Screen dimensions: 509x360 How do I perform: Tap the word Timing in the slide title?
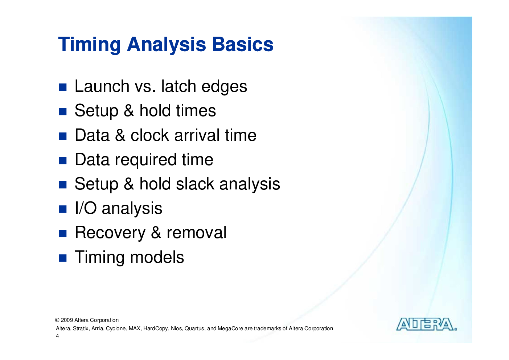[89, 45]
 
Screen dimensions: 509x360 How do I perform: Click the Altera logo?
[427, 324]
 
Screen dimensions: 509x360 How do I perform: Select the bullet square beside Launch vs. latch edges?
[63, 87]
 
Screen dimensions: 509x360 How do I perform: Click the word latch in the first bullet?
[178, 86]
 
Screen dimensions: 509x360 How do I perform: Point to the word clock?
[149, 135]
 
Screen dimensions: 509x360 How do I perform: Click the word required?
[145, 160]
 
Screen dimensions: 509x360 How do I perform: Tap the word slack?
[195, 184]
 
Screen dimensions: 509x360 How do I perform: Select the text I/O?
[86, 208]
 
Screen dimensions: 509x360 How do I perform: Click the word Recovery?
[110, 233]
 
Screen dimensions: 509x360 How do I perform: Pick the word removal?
[197, 233]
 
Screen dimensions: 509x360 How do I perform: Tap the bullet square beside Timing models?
[63, 258]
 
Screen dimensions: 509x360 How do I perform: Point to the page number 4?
[57, 336]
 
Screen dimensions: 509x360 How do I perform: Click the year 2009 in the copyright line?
[67, 320]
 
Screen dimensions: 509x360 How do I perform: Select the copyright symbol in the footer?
[57, 320]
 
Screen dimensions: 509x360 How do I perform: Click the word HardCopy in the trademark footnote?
[156, 329]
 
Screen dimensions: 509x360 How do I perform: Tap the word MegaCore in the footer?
[230, 329]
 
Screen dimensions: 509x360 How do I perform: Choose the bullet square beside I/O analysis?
[63, 209]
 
